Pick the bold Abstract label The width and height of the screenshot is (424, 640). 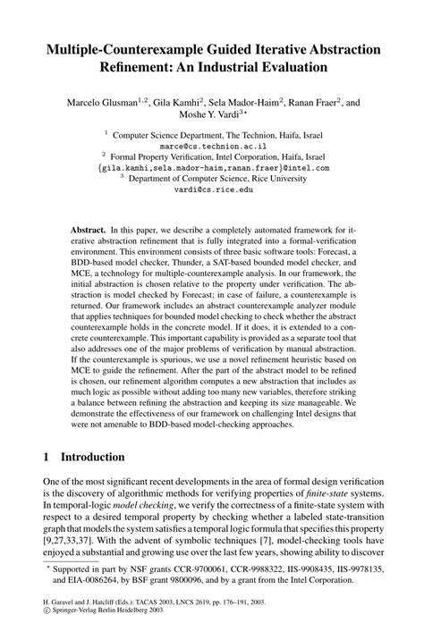tap(90, 230)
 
